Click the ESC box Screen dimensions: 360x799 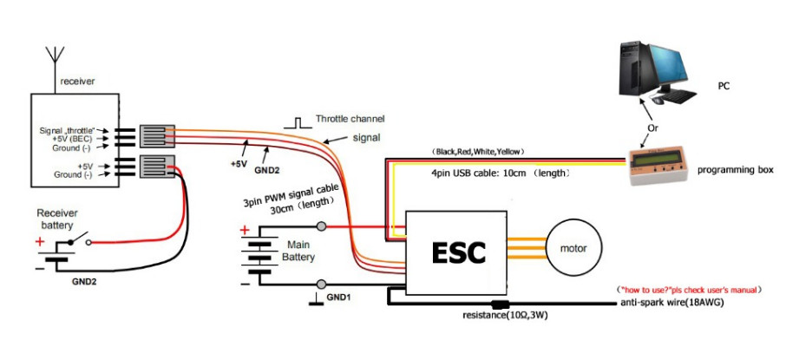459,252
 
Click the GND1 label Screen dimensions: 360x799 339,297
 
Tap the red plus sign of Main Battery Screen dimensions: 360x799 246,231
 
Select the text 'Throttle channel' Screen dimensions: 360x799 350,119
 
